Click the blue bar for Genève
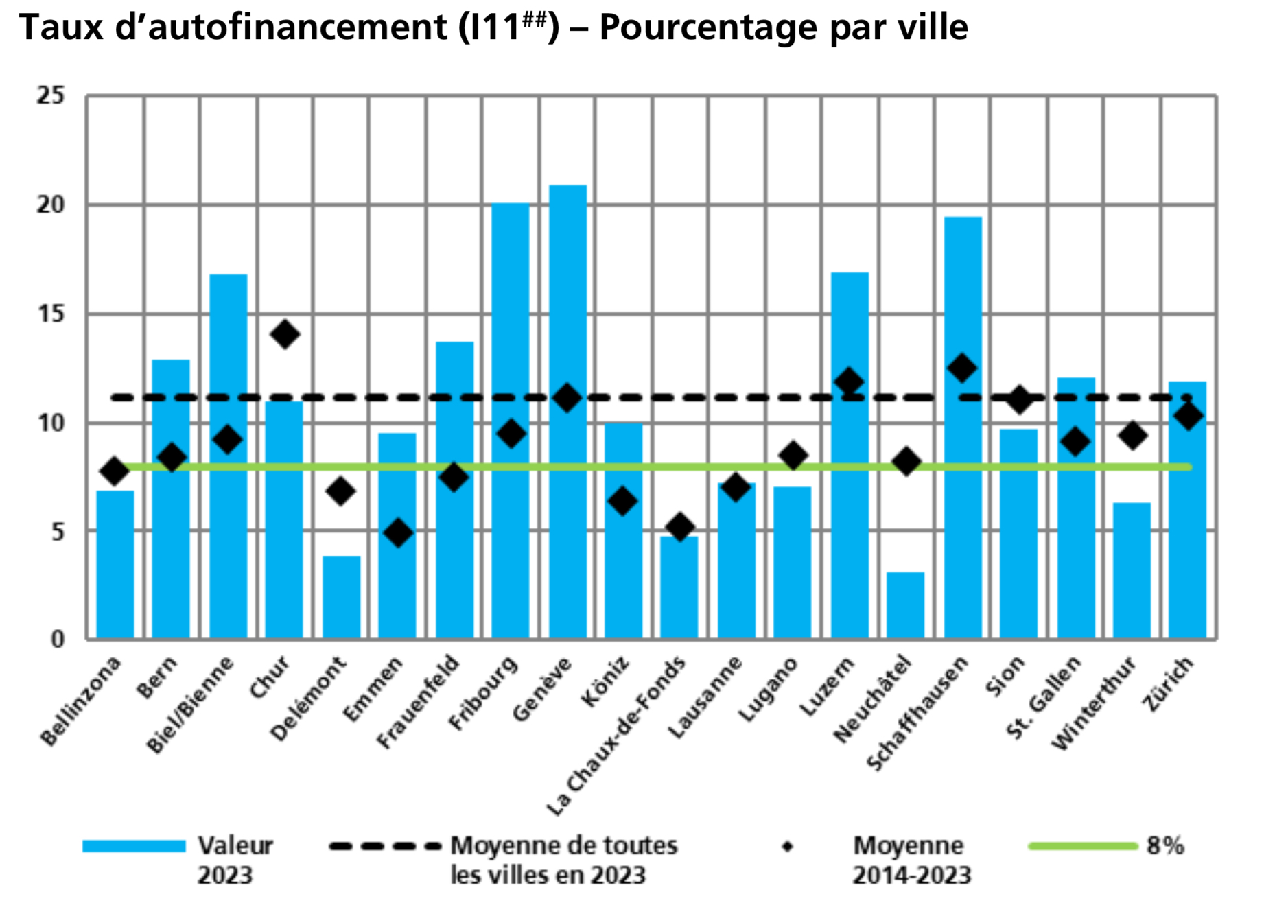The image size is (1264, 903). pos(567,412)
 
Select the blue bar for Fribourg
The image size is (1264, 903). pos(511,421)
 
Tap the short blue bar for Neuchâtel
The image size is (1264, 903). pos(905,605)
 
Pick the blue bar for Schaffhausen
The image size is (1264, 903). pos(963,427)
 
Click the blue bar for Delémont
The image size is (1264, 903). pos(341,597)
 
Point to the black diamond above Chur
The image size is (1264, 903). pos(285,334)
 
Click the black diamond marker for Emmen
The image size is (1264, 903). pos(398,532)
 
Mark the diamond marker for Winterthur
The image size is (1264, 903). pos(1132,435)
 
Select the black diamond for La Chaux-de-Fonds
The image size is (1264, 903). pos(680,527)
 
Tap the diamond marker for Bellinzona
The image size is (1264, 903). pos(115,471)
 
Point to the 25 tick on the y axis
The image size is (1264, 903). pos(51,96)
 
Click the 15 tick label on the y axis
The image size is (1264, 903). pos(51,314)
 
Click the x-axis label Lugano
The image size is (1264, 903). pos(768,689)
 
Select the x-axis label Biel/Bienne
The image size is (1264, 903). pos(190,705)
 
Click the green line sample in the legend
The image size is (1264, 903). pos(1082,846)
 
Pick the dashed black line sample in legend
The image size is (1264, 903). pos(384,846)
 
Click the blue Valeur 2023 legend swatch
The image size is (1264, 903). pos(134,846)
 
